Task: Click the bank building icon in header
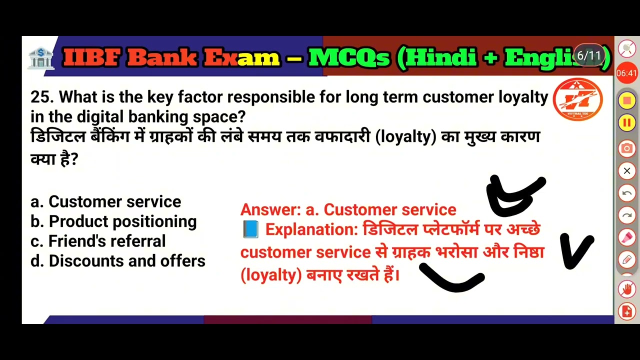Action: [40, 58]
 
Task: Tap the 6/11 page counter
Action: [588, 55]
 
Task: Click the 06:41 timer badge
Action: [626, 73]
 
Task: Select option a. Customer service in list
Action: [105, 201]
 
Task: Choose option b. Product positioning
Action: [113, 221]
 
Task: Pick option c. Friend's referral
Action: [98, 241]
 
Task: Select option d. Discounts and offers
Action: [118, 261]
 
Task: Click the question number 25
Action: [40, 97]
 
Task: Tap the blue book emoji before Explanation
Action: [250, 229]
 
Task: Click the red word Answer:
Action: [270, 209]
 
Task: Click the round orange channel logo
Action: [577, 99]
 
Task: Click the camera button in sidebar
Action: [626, 148]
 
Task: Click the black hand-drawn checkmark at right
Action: [576, 250]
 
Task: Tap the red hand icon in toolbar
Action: [626, 288]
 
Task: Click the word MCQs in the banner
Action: [349, 58]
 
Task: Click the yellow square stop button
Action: [626, 100]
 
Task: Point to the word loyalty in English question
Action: [523, 97]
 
